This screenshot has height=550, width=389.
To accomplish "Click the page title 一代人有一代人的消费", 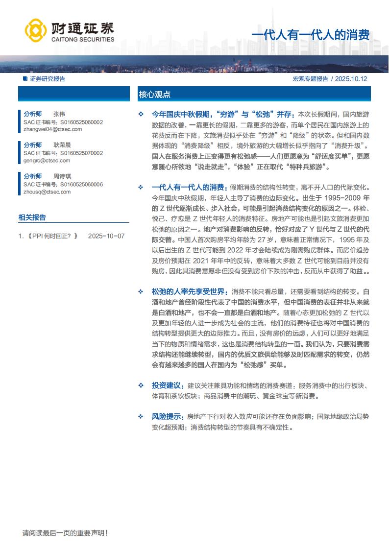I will pyautogui.click(x=310, y=36).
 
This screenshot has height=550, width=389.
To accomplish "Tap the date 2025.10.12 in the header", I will pyautogui.click(x=351, y=79).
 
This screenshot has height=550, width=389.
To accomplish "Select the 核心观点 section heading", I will pyautogui.click(x=154, y=95).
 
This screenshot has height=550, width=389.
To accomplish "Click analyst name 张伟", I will pyautogui.click(x=59, y=114).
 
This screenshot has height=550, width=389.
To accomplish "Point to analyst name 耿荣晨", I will pyautogui.click(x=62, y=145).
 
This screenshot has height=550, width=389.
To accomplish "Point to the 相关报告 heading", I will pyautogui.click(x=32, y=217).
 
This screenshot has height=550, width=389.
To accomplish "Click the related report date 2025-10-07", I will pyautogui.click(x=106, y=236).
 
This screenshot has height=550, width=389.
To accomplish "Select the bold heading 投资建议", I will pyautogui.click(x=168, y=385).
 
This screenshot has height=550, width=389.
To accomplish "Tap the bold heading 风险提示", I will pyautogui.click(x=168, y=417).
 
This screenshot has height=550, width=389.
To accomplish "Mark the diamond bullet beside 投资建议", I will pyautogui.click(x=141, y=385).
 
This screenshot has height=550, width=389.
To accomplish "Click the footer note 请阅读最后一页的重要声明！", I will pyautogui.click(x=65, y=533).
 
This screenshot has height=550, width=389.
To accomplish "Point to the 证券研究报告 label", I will pyautogui.click(x=47, y=79).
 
